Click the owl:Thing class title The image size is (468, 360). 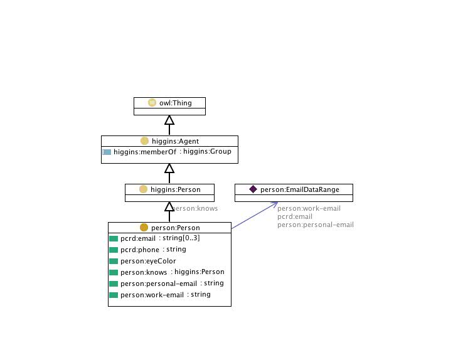pos(175,102)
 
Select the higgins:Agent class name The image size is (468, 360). pos(175,141)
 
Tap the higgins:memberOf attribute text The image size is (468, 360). pos(141,152)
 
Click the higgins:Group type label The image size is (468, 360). pos(206,152)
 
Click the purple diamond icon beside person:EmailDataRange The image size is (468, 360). pos(253,189)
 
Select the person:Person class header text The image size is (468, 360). pos(176,227)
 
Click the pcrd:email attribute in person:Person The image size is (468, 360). pos(137,238)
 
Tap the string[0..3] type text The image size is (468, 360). pos(183,238)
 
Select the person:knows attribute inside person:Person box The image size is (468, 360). pos(144,272)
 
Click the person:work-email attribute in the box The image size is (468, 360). pos(147,295)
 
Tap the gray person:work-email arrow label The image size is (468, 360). pos(309,209)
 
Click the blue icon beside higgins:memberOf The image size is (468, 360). pos(107,152)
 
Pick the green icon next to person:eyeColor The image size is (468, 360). pos(114,261)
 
